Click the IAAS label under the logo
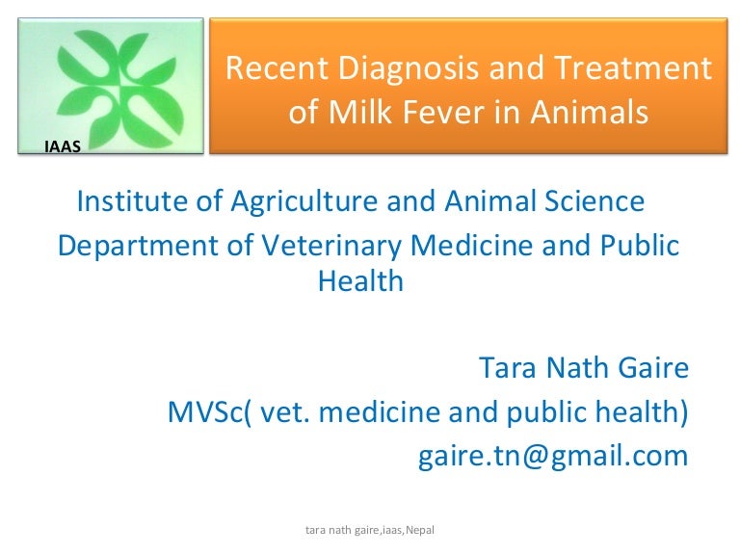click(63, 146)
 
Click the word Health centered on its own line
click(360, 282)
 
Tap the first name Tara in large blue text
click(507, 369)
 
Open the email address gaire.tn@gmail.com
click(553, 455)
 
